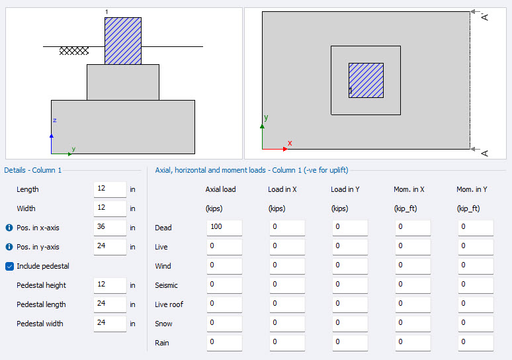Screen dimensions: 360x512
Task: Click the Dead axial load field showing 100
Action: (x=224, y=228)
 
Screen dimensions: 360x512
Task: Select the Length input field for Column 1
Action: (x=110, y=189)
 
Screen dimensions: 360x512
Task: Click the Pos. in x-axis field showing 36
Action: (x=110, y=228)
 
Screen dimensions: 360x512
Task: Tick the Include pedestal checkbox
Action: (x=10, y=266)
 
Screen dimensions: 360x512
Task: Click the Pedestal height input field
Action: (x=110, y=285)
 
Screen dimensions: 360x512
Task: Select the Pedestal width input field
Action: (x=110, y=324)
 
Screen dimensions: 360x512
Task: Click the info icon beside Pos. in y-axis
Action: (x=9, y=247)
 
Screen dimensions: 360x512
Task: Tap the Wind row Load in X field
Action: (x=286, y=266)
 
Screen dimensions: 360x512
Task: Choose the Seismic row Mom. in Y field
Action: (x=475, y=285)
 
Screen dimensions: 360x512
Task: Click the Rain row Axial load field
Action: (x=224, y=342)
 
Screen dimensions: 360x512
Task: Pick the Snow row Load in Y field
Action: (x=349, y=324)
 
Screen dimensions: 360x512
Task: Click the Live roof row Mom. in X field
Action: (x=412, y=304)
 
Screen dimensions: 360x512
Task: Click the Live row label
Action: (x=161, y=247)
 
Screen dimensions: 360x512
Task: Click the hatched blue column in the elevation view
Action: (x=122, y=40)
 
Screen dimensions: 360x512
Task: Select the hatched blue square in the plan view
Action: (x=366, y=80)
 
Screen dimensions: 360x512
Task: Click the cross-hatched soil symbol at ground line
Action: (x=74, y=51)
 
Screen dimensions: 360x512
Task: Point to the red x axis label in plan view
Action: (x=290, y=143)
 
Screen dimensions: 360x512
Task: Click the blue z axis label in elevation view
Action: (x=54, y=120)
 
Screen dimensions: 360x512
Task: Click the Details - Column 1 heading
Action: (x=33, y=170)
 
